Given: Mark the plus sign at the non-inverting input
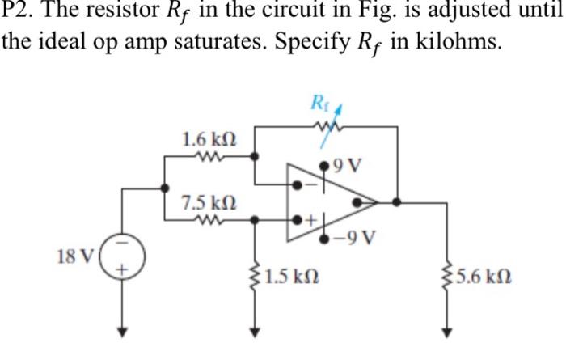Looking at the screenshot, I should click(x=308, y=219).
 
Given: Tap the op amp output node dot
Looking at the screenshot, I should click(x=396, y=202).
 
